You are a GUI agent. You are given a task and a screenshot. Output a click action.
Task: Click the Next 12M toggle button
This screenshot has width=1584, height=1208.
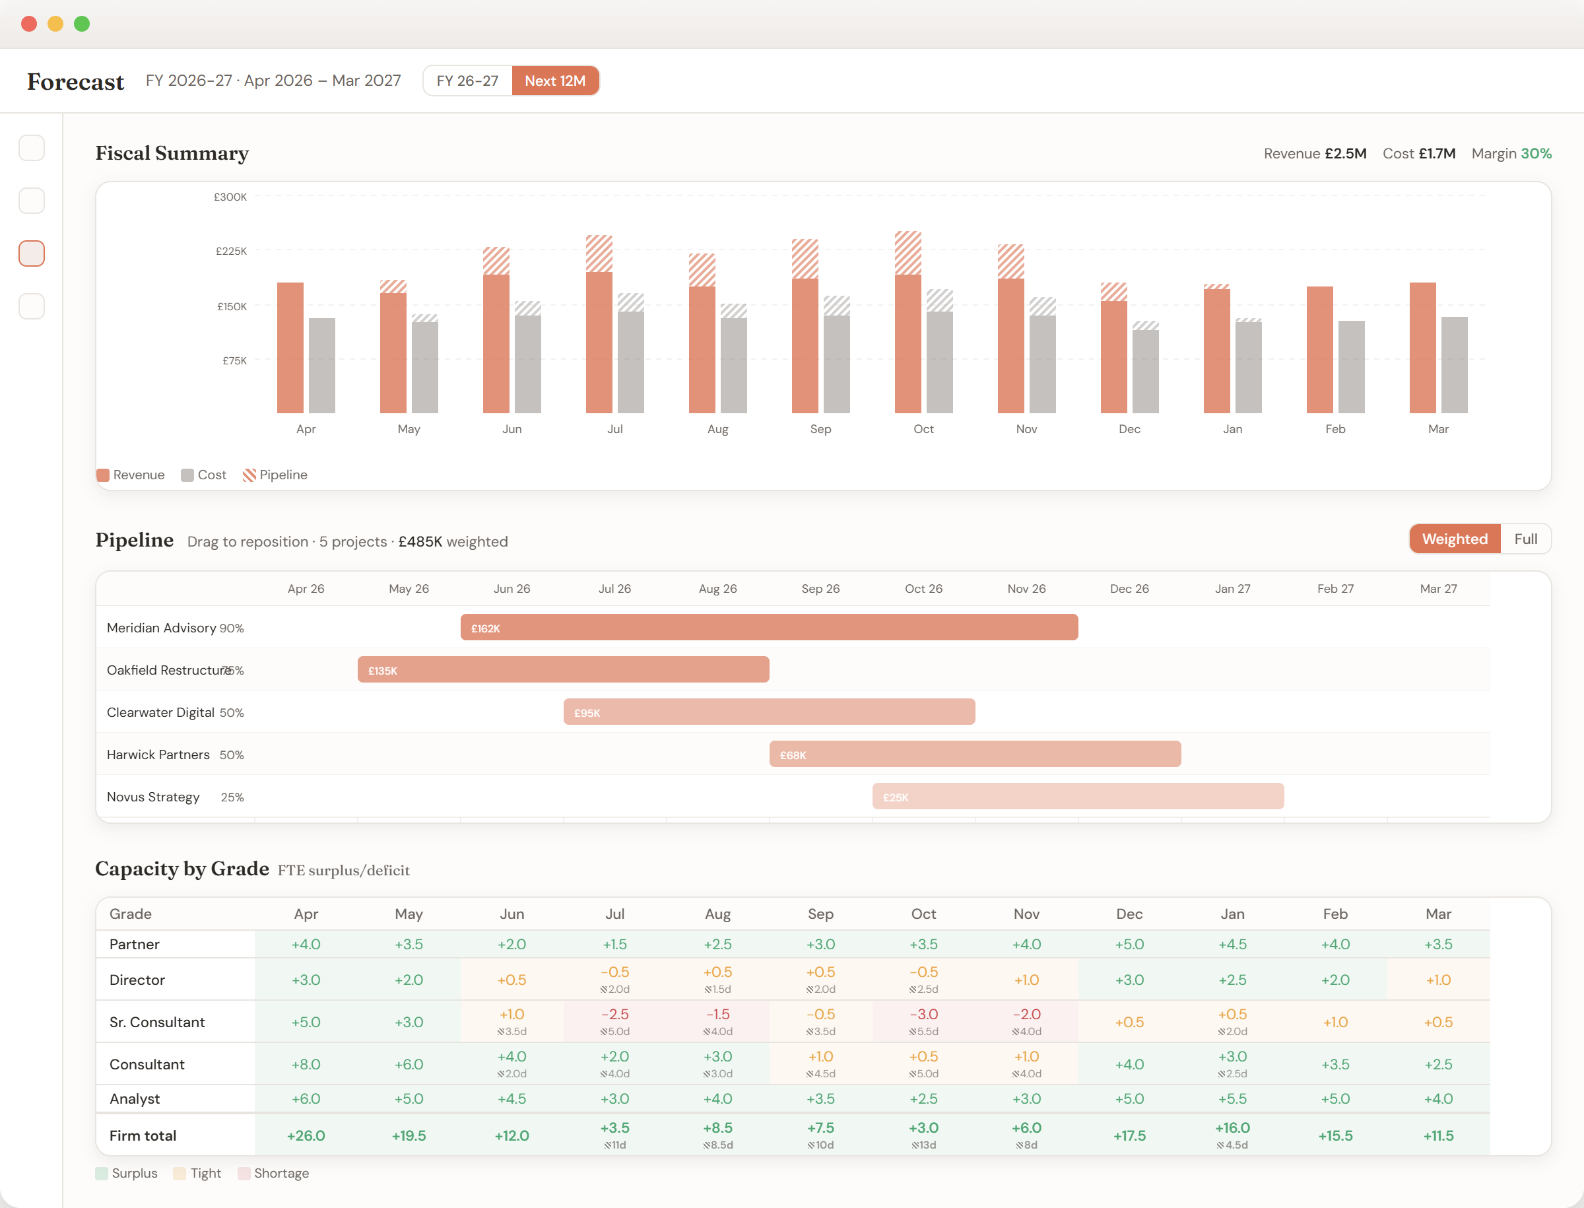554,81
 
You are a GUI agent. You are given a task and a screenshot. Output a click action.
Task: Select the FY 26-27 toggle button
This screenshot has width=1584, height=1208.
467,81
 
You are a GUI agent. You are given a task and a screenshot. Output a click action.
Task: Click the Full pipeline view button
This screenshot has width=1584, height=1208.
1525,539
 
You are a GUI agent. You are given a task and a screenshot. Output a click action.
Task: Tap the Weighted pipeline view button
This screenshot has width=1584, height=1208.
1454,539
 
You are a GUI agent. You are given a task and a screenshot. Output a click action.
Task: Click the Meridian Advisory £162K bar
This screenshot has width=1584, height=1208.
769,627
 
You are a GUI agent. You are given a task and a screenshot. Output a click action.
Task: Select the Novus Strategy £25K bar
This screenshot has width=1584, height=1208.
1077,796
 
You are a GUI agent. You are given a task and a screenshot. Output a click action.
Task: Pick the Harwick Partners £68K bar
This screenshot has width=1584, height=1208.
974,754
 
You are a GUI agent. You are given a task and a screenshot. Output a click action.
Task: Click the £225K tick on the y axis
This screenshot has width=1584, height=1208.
231,251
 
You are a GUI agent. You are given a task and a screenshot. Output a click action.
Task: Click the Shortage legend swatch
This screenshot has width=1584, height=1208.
244,1173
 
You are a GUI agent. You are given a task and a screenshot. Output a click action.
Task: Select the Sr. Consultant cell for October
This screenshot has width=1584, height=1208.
923,1021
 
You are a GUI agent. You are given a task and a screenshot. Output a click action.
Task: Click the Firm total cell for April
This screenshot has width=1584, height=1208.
306,1135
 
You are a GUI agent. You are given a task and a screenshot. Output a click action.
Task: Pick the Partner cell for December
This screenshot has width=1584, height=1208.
1129,944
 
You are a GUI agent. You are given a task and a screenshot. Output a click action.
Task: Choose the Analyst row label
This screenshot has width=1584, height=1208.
135,1098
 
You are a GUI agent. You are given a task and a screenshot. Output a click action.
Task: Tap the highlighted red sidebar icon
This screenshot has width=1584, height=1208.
32,253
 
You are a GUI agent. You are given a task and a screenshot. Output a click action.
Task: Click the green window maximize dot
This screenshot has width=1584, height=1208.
82,24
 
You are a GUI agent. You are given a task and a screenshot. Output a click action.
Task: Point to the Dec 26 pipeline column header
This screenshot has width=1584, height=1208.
1129,588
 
